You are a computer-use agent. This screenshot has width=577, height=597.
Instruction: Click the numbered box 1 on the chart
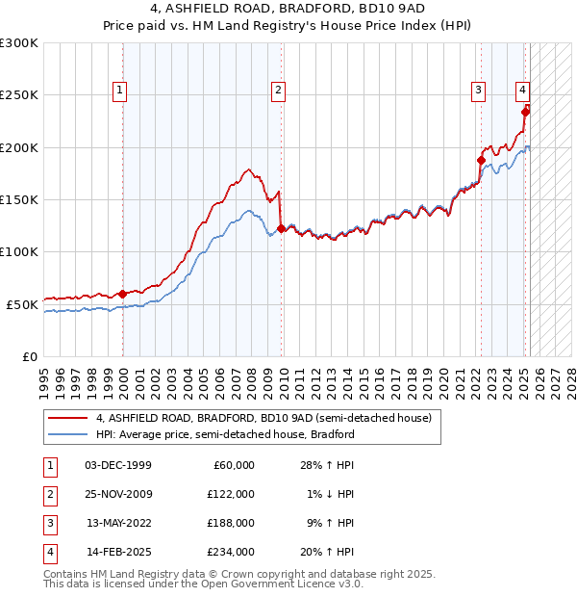(120, 91)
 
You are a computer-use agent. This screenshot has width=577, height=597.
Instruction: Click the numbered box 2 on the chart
(278, 91)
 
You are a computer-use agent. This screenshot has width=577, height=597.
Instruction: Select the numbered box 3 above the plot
(478, 91)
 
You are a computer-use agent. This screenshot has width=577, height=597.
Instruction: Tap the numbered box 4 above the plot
(521, 91)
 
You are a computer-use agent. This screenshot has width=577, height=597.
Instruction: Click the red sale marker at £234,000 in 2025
(525, 112)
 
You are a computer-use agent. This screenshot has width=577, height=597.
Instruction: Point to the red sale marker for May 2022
(481, 160)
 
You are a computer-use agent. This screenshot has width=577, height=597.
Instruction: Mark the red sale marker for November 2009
(281, 228)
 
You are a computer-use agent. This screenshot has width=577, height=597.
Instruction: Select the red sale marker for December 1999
(123, 294)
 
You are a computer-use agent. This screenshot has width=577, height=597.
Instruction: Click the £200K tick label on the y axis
(18, 147)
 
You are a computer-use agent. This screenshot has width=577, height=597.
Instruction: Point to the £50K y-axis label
(21, 304)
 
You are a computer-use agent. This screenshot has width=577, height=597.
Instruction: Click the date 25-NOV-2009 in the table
(119, 494)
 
